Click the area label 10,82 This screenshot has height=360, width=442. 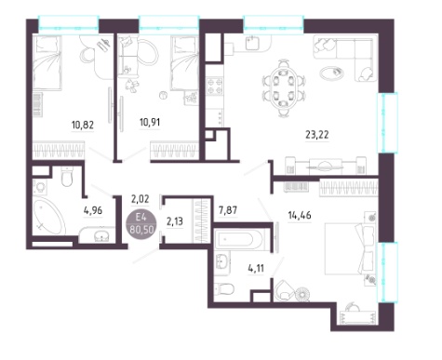tap(83, 125)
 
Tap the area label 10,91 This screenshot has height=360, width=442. tap(150, 122)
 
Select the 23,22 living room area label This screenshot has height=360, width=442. tap(317, 135)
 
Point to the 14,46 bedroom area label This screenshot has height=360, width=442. tap(300, 215)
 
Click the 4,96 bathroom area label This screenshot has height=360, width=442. tap(93, 210)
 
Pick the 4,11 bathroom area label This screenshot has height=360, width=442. tap(256, 268)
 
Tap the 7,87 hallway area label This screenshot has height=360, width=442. tap(228, 210)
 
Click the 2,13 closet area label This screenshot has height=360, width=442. tap(175, 221)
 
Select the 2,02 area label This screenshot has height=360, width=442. tap(141, 199)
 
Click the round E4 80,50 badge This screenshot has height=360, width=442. tap(141, 224)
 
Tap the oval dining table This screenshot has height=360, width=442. tap(284, 88)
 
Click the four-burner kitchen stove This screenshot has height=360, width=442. tap(215, 87)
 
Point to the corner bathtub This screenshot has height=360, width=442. tap(49, 217)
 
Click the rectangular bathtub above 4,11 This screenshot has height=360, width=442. tap(239, 240)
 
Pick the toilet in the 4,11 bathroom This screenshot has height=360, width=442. tap(224, 288)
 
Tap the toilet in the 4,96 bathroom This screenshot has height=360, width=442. tap(67, 177)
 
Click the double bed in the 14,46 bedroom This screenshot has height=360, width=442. tap(350, 248)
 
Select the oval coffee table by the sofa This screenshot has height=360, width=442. tap(331, 73)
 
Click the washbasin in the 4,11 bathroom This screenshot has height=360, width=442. tap(222, 261)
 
